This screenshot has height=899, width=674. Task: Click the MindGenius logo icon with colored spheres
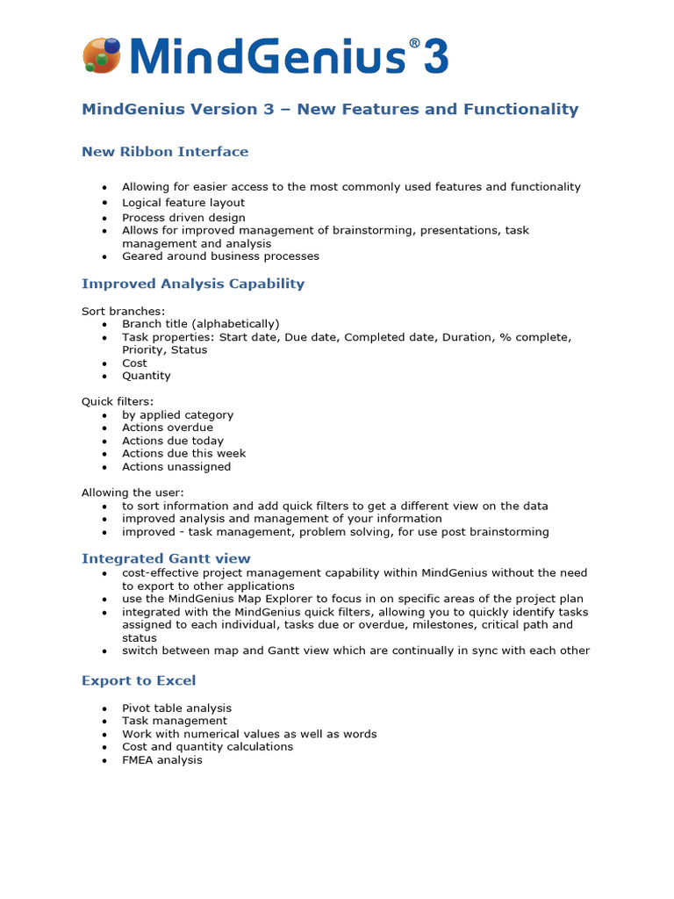[x=101, y=55]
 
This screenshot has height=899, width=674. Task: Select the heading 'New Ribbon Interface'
[x=165, y=152]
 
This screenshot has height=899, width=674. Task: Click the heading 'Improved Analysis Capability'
[x=193, y=284]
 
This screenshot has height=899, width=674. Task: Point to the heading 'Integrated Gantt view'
[x=166, y=558]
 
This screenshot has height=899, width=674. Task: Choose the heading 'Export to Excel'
[x=139, y=680]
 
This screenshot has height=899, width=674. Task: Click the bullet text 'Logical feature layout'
[x=183, y=203]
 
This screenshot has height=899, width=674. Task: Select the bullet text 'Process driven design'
[x=183, y=218]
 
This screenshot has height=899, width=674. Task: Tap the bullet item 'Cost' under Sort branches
[x=134, y=363]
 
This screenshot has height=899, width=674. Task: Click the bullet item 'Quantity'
[x=147, y=376]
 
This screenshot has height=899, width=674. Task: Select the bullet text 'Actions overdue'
[x=168, y=428]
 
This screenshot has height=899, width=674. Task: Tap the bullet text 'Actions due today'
[x=173, y=441]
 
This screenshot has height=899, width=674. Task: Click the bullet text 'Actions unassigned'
[x=176, y=467]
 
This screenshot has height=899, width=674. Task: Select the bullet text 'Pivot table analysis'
[x=176, y=708]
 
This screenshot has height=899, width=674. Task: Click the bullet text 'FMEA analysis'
[x=162, y=760]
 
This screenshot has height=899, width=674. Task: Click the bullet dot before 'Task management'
[x=104, y=722]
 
